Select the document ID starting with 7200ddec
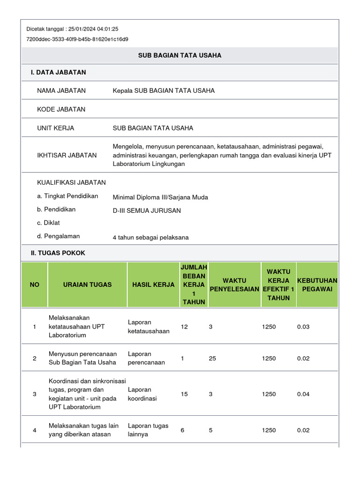click(x=77, y=39)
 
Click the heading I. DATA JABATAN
click(x=59, y=72)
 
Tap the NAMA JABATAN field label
click(x=61, y=90)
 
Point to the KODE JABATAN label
click(x=61, y=109)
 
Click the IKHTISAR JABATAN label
click(x=67, y=155)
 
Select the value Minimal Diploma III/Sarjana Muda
click(x=160, y=197)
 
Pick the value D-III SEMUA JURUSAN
click(x=147, y=210)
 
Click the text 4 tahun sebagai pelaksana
click(x=150, y=237)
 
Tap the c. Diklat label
click(x=48, y=223)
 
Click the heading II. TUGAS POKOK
click(x=58, y=253)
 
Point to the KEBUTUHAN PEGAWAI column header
click(x=317, y=285)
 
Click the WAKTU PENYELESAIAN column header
click(x=234, y=285)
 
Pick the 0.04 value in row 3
click(x=303, y=394)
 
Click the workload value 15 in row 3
click(x=184, y=394)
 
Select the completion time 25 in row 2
click(x=212, y=358)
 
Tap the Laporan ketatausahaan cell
click(x=149, y=327)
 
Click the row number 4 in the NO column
click(x=35, y=430)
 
